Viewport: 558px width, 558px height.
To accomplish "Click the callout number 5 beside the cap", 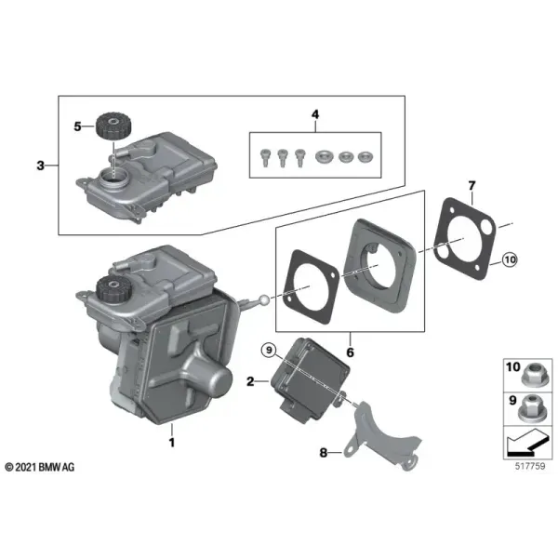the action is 77,126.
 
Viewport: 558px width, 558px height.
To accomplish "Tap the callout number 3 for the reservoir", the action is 41,166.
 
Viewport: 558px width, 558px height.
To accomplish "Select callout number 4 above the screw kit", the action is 315,114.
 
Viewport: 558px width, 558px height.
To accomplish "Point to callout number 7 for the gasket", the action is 472,185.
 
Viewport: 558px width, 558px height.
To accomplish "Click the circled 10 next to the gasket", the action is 510,259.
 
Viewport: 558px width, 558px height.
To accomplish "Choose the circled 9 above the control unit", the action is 269,351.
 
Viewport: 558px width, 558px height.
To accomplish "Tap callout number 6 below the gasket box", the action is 351,352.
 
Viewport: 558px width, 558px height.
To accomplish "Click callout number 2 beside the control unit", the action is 250,381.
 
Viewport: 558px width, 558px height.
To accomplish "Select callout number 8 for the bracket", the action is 324,453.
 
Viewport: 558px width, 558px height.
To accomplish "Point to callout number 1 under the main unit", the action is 172,443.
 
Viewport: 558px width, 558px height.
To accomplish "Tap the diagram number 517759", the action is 530,466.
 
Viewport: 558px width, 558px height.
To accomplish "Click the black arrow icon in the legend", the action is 527,443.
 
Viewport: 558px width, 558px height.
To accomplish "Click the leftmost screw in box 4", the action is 265,158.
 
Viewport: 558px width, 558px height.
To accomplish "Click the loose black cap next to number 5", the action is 113,126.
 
